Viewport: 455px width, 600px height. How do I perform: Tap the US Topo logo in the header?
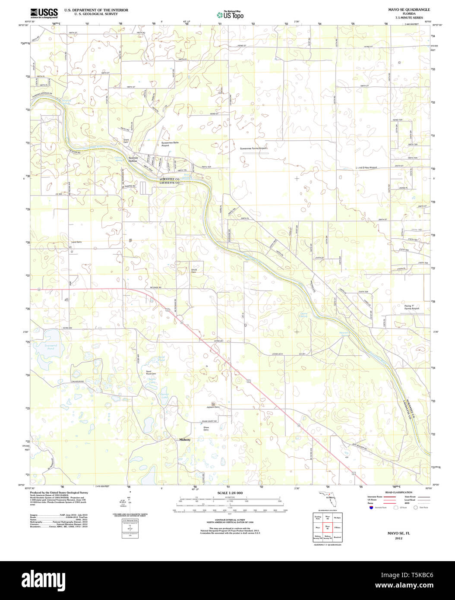tap(230, 15)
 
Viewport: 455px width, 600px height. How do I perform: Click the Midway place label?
tap(185, 439)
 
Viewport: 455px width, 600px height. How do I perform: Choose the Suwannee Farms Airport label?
tap(254, 148)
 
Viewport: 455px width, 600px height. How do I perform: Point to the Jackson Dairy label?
tap(213, 407)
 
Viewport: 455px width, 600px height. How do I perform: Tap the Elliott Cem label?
tap(194, 271)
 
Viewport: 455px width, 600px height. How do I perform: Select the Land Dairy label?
tap(76, 242)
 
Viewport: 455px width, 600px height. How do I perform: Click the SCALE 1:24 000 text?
tap(230, 493)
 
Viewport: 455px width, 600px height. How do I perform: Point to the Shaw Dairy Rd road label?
tap(209, 421)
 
